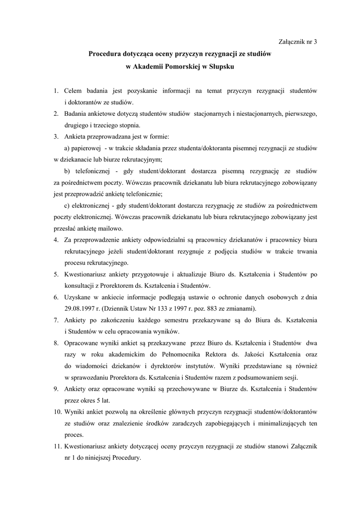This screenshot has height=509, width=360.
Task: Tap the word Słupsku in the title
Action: click(x=219, y=66)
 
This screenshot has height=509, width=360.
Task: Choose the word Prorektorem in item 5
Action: click(x=123, y=286)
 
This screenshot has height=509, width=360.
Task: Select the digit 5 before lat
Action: click(x=99, y=400)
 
